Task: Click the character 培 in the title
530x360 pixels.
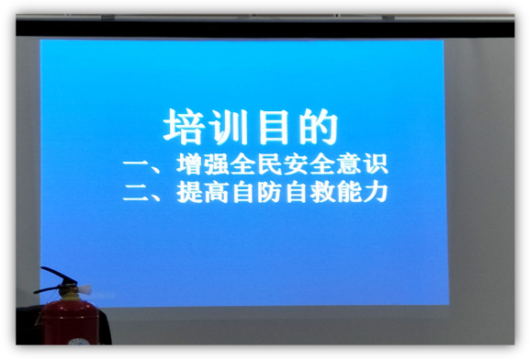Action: click(x=184, y=127)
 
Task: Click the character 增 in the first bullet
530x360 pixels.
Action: click(x=189, y=165)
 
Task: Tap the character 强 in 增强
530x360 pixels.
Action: click(x=218, y=165)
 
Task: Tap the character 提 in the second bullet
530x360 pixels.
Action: click(x=189, y=194)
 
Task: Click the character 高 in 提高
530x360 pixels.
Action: click(x=218, y=194)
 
